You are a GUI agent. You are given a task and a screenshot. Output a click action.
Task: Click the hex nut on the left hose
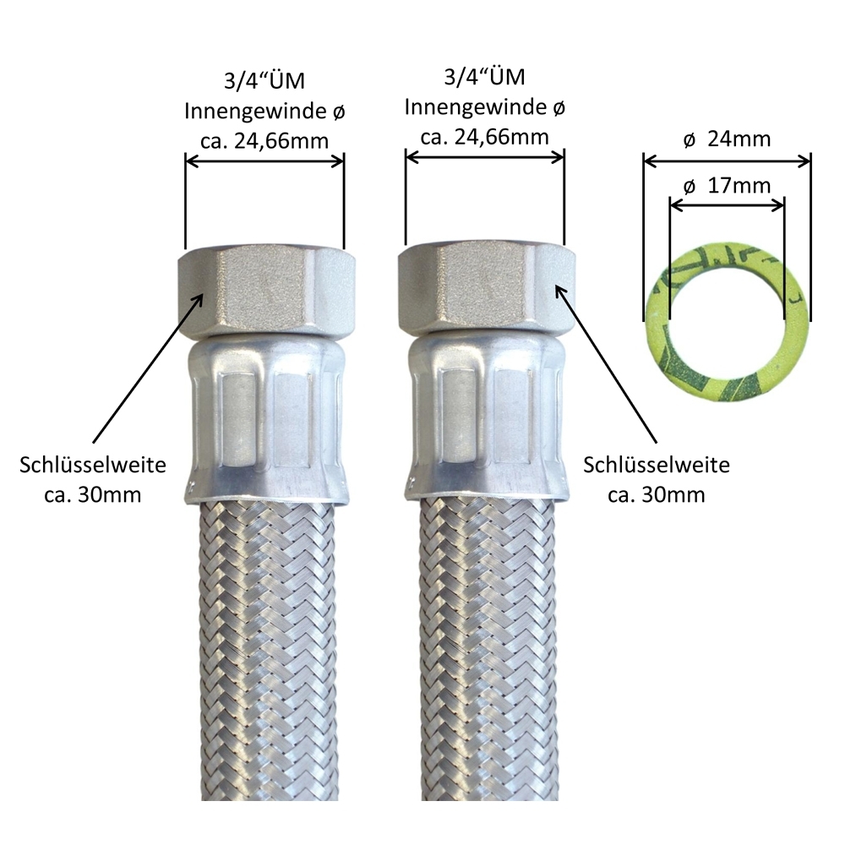pyautogui.click(x=264, y=292)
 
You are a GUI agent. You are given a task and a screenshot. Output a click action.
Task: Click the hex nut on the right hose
pyautogui.click(x=486, y=290)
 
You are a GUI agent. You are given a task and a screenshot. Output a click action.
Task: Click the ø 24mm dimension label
pyautogui.click(x=727, y=139)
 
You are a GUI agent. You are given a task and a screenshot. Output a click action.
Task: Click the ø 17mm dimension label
pyautogui.click(x=727, y=186)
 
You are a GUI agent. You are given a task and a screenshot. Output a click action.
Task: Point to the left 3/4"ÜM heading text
pyautogui.click(x=264, y=81)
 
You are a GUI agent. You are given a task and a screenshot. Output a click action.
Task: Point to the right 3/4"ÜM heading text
pyautogui.click(x=484, y=77)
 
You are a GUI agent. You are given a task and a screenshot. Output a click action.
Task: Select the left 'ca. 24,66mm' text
pyautogui.click(x=264, y=141)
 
